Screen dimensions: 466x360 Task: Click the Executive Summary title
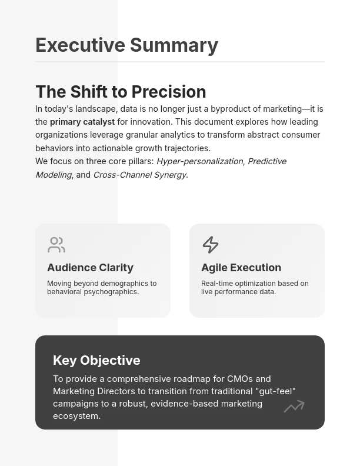(126, 45)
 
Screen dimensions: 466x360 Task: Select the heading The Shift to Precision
(121, 92)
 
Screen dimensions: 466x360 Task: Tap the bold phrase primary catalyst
(82, 122)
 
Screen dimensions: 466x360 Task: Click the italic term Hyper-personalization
(199, 161)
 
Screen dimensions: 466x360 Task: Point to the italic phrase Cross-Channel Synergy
(139, 175)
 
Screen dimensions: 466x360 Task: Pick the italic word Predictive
(266, 161)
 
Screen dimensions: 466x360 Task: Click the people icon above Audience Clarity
(56, 244)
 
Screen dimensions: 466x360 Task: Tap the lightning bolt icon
(211, 244)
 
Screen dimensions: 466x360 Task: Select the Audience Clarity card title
(90, 268)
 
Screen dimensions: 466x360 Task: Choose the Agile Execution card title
(241, 268)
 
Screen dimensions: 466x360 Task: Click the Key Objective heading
(96, 360)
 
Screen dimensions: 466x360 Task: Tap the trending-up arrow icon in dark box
(294, 406)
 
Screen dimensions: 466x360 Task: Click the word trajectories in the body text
(184, 148)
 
